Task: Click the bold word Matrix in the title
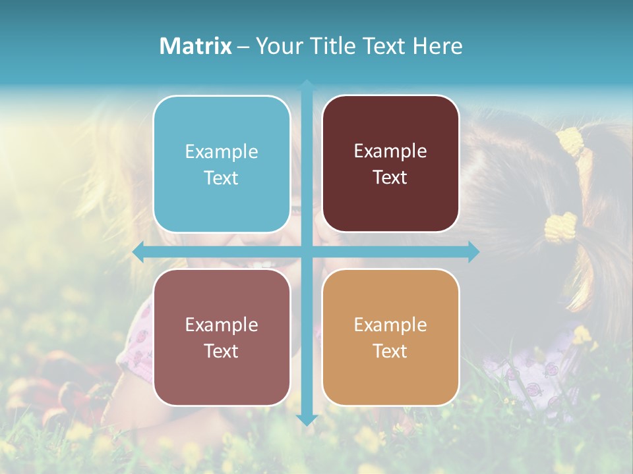coord(196,46)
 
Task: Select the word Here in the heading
coord(437,46)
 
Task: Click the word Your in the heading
coord(278,46)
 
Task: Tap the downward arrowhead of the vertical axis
coord(307,420)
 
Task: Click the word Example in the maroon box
coord(390,151)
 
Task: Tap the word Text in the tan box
coord(390,352)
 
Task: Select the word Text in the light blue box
coord(222,178)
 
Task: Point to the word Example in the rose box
coord(222,325)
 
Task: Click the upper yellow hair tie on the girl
coord(572,142)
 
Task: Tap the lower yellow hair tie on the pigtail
coord(560,227)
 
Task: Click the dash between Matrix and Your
coord(243,47)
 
